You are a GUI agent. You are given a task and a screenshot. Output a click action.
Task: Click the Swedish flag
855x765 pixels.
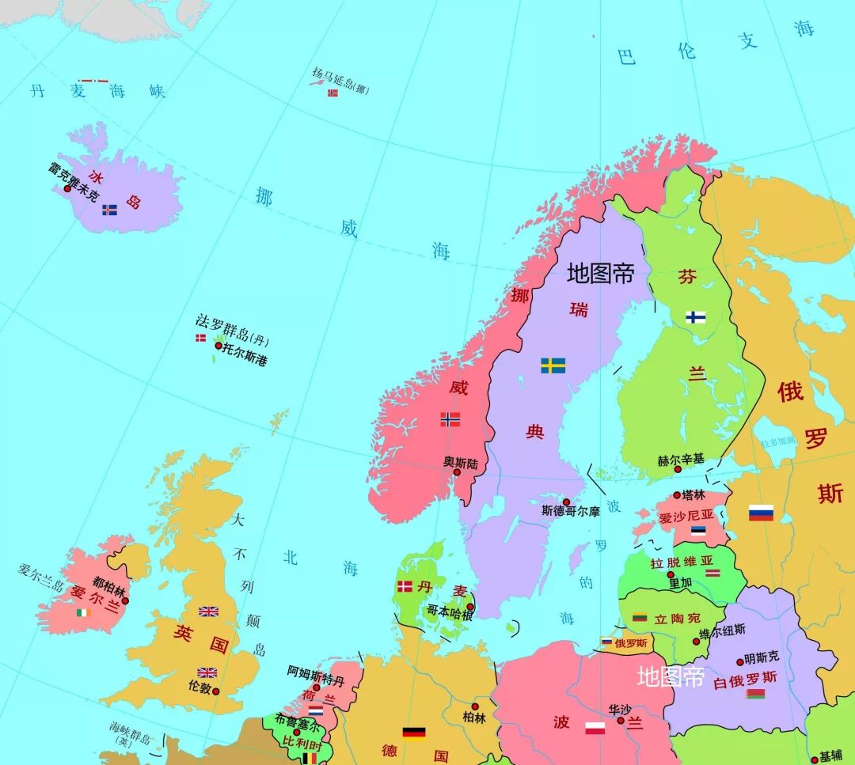click(553, 365)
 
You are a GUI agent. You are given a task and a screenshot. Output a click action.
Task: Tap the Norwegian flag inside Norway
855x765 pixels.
click(450, 419)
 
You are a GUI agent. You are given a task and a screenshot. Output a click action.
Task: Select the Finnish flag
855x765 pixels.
click(696, 317)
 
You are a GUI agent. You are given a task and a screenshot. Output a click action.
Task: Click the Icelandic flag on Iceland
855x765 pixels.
click(109, 210)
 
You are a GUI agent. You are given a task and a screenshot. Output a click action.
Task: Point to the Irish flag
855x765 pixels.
click(83, 612)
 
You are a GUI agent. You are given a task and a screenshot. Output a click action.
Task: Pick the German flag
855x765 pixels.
click(413, 732)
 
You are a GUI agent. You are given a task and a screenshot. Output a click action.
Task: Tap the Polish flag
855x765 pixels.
click(595, 729)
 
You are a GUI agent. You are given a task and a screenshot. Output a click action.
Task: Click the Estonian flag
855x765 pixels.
click(697, 531)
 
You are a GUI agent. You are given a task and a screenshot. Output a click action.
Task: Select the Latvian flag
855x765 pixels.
click(712, 571)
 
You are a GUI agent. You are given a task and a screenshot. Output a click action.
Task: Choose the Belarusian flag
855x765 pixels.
click(755, 694)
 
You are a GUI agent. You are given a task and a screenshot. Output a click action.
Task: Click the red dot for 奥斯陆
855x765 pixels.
click(457, 472)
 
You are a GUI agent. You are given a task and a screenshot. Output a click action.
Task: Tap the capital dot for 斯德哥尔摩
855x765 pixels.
click(566, 502)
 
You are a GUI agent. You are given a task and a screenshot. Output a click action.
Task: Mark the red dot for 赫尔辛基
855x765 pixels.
click(677, 469)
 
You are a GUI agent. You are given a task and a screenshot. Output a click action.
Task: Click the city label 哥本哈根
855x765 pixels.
click(450, 610)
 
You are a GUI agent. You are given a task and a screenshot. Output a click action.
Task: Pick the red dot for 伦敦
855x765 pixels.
click(215, 691)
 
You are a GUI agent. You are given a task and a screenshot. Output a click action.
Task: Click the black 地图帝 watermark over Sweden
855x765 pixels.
click(600, 274)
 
